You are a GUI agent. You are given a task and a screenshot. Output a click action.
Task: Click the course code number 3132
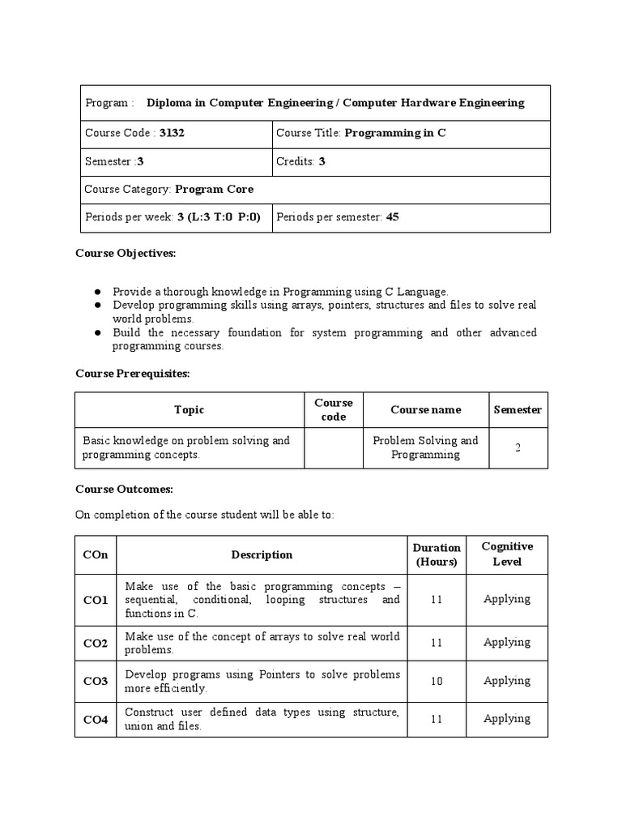(x=172, y=133)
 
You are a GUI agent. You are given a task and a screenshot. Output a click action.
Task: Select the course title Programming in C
(x=395, y=133)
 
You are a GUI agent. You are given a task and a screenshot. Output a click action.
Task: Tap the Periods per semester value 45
(x=392, y=217)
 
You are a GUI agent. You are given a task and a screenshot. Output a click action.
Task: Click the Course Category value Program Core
(x=214, y=189)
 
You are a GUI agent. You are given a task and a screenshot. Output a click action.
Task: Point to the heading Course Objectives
(x=126, y=253)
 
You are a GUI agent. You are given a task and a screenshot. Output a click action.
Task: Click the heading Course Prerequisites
(x=132, y=373)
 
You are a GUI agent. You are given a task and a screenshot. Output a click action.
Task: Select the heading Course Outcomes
(x=124, y=490)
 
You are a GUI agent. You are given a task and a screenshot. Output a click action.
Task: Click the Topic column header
(x=189, y=410)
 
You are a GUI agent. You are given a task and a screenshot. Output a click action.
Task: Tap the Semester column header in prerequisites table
(x=518, y=410)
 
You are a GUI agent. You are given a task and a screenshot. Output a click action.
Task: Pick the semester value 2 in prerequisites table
(x=518, y=447)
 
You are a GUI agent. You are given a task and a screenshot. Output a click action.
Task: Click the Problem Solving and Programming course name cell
(x=425, y=447)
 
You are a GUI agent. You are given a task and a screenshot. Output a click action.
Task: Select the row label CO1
(x=95, y=600)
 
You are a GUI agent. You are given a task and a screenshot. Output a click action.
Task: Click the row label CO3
(x=95, y=682)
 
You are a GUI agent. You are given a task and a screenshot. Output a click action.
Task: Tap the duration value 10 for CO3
(x=437, y=682)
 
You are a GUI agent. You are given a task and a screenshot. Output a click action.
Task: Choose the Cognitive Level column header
(x=506, y=554)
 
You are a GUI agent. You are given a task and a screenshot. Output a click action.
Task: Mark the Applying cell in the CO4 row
(x=506, y=718)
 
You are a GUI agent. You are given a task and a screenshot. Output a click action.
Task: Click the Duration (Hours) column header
(x=437, y=554)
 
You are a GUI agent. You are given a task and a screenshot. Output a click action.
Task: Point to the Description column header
(x=262, y=555)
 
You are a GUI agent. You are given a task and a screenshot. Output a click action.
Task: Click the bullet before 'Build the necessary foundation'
(x=97, y=333)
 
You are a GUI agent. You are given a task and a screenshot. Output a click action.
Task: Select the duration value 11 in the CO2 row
(x=437, y=643)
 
